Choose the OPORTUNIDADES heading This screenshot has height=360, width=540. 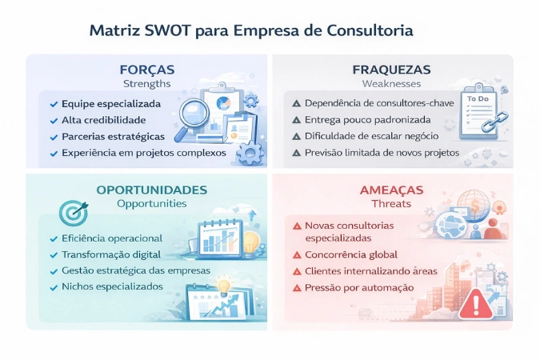click(x=152, y=190)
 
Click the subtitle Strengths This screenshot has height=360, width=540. click(x=146, y=83)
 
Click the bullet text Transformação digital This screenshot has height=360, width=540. click(x=111, y=254)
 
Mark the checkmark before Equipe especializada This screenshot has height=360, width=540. click(x=53, y=104)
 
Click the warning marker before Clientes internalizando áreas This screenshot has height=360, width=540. click(x=297, y=272)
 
